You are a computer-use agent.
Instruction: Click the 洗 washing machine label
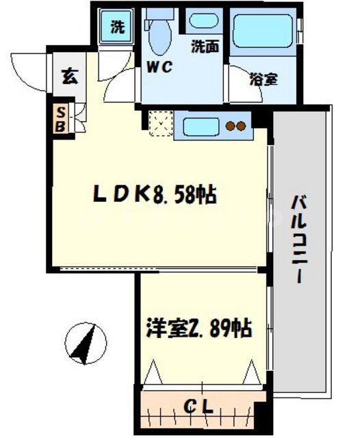118,28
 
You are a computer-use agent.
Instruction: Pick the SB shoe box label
60,119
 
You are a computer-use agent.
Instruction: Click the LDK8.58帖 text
155,197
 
